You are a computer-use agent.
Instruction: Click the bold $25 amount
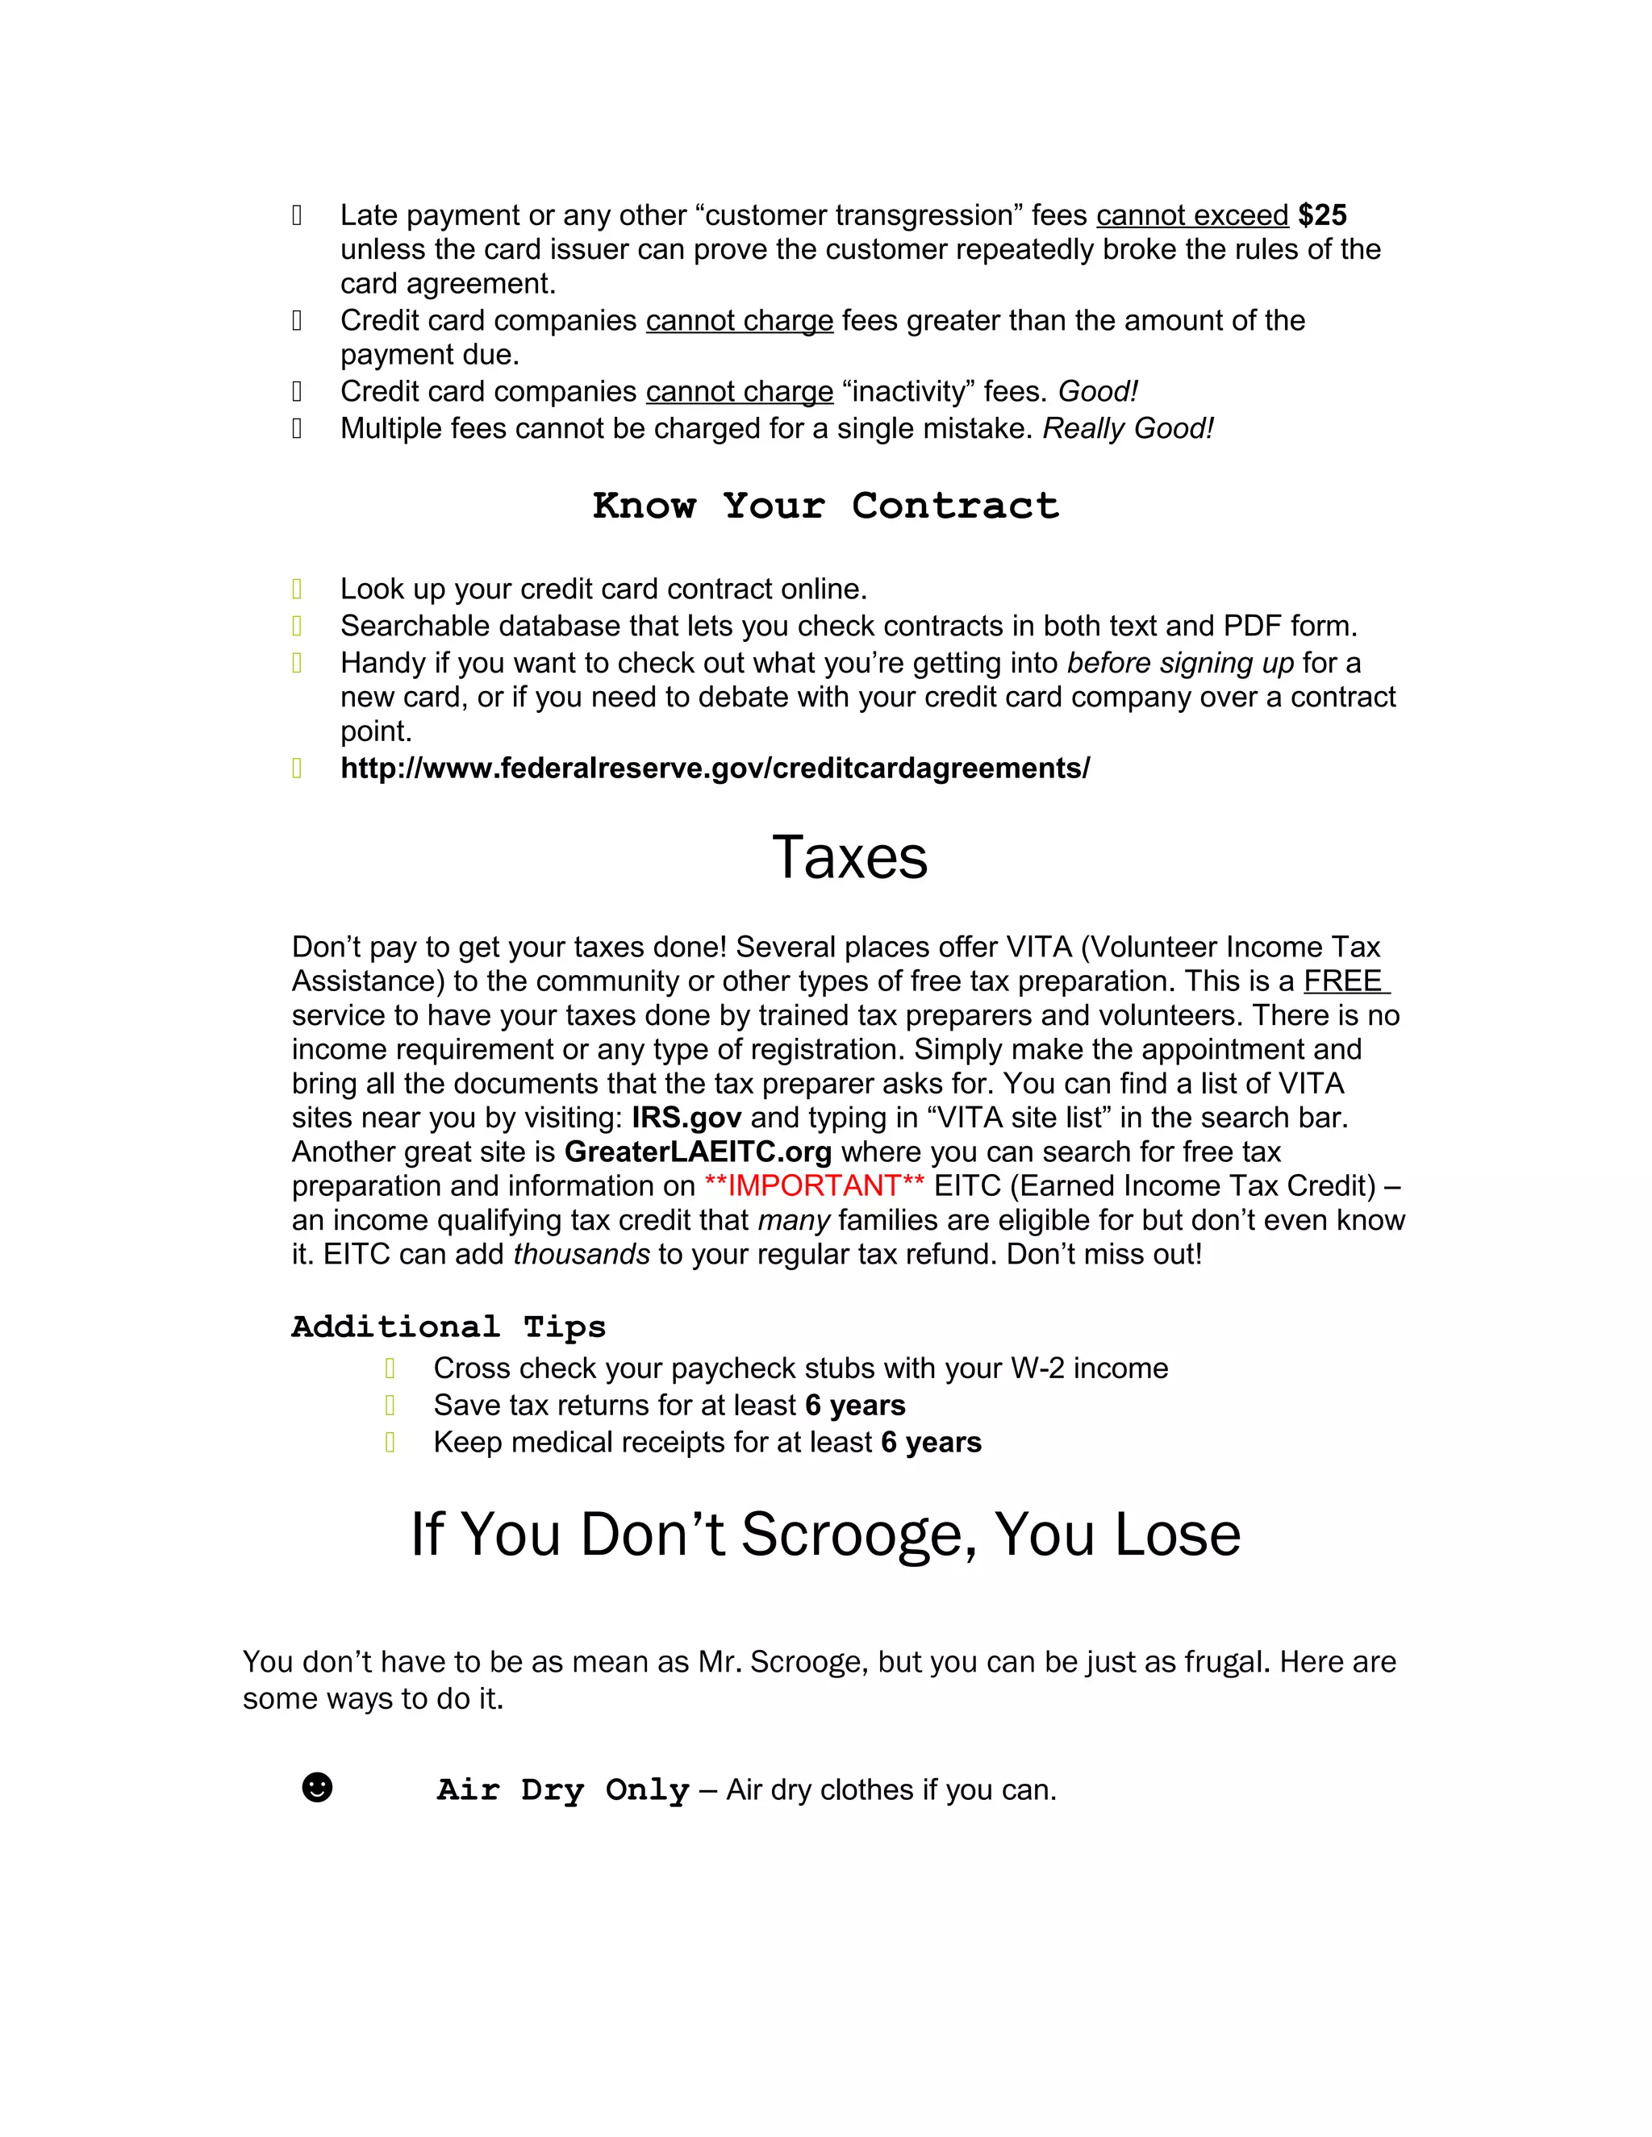[x=1322, y=215]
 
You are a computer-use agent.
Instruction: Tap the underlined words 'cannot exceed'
[x=1191, y=215]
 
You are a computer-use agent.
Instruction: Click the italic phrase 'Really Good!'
[x=1128, y=428]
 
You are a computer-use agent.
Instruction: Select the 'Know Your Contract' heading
[x=825, y=506]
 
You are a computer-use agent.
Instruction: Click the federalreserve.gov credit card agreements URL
[x=715, y=768]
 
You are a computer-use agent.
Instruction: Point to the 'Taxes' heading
[x=849, y=857]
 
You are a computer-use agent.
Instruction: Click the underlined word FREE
[x=1343, y=981]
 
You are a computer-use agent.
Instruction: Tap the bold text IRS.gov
[x=686, y=1118]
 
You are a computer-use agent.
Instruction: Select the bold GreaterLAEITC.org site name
[x=698, y=1152]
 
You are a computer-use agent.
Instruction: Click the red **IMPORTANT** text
[x=813, y=1186]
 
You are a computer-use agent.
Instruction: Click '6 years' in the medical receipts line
[x=931, y=1443]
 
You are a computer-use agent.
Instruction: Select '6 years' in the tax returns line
[x=855, y=1405]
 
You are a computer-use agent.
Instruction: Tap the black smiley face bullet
[x=317, y=1788]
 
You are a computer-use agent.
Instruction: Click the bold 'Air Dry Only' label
[x=563, y=1789]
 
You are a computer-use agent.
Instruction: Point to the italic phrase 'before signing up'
[x=1179, y=664]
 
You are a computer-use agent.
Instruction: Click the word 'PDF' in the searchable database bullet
[x=1253, y=627]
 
